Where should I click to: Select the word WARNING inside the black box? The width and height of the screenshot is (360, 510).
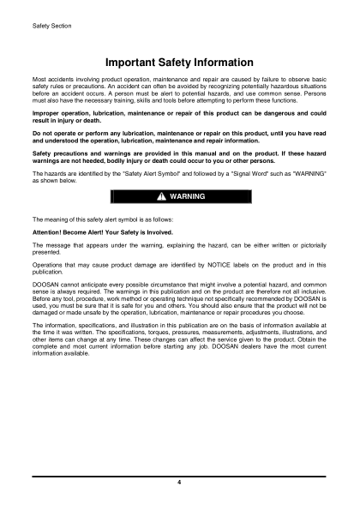pos(188,197)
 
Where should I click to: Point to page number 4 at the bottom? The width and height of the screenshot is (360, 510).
pos(179,484)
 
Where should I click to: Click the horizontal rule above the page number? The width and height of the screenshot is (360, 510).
pos(179,475)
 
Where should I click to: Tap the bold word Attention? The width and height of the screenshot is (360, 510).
pos(50,233)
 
